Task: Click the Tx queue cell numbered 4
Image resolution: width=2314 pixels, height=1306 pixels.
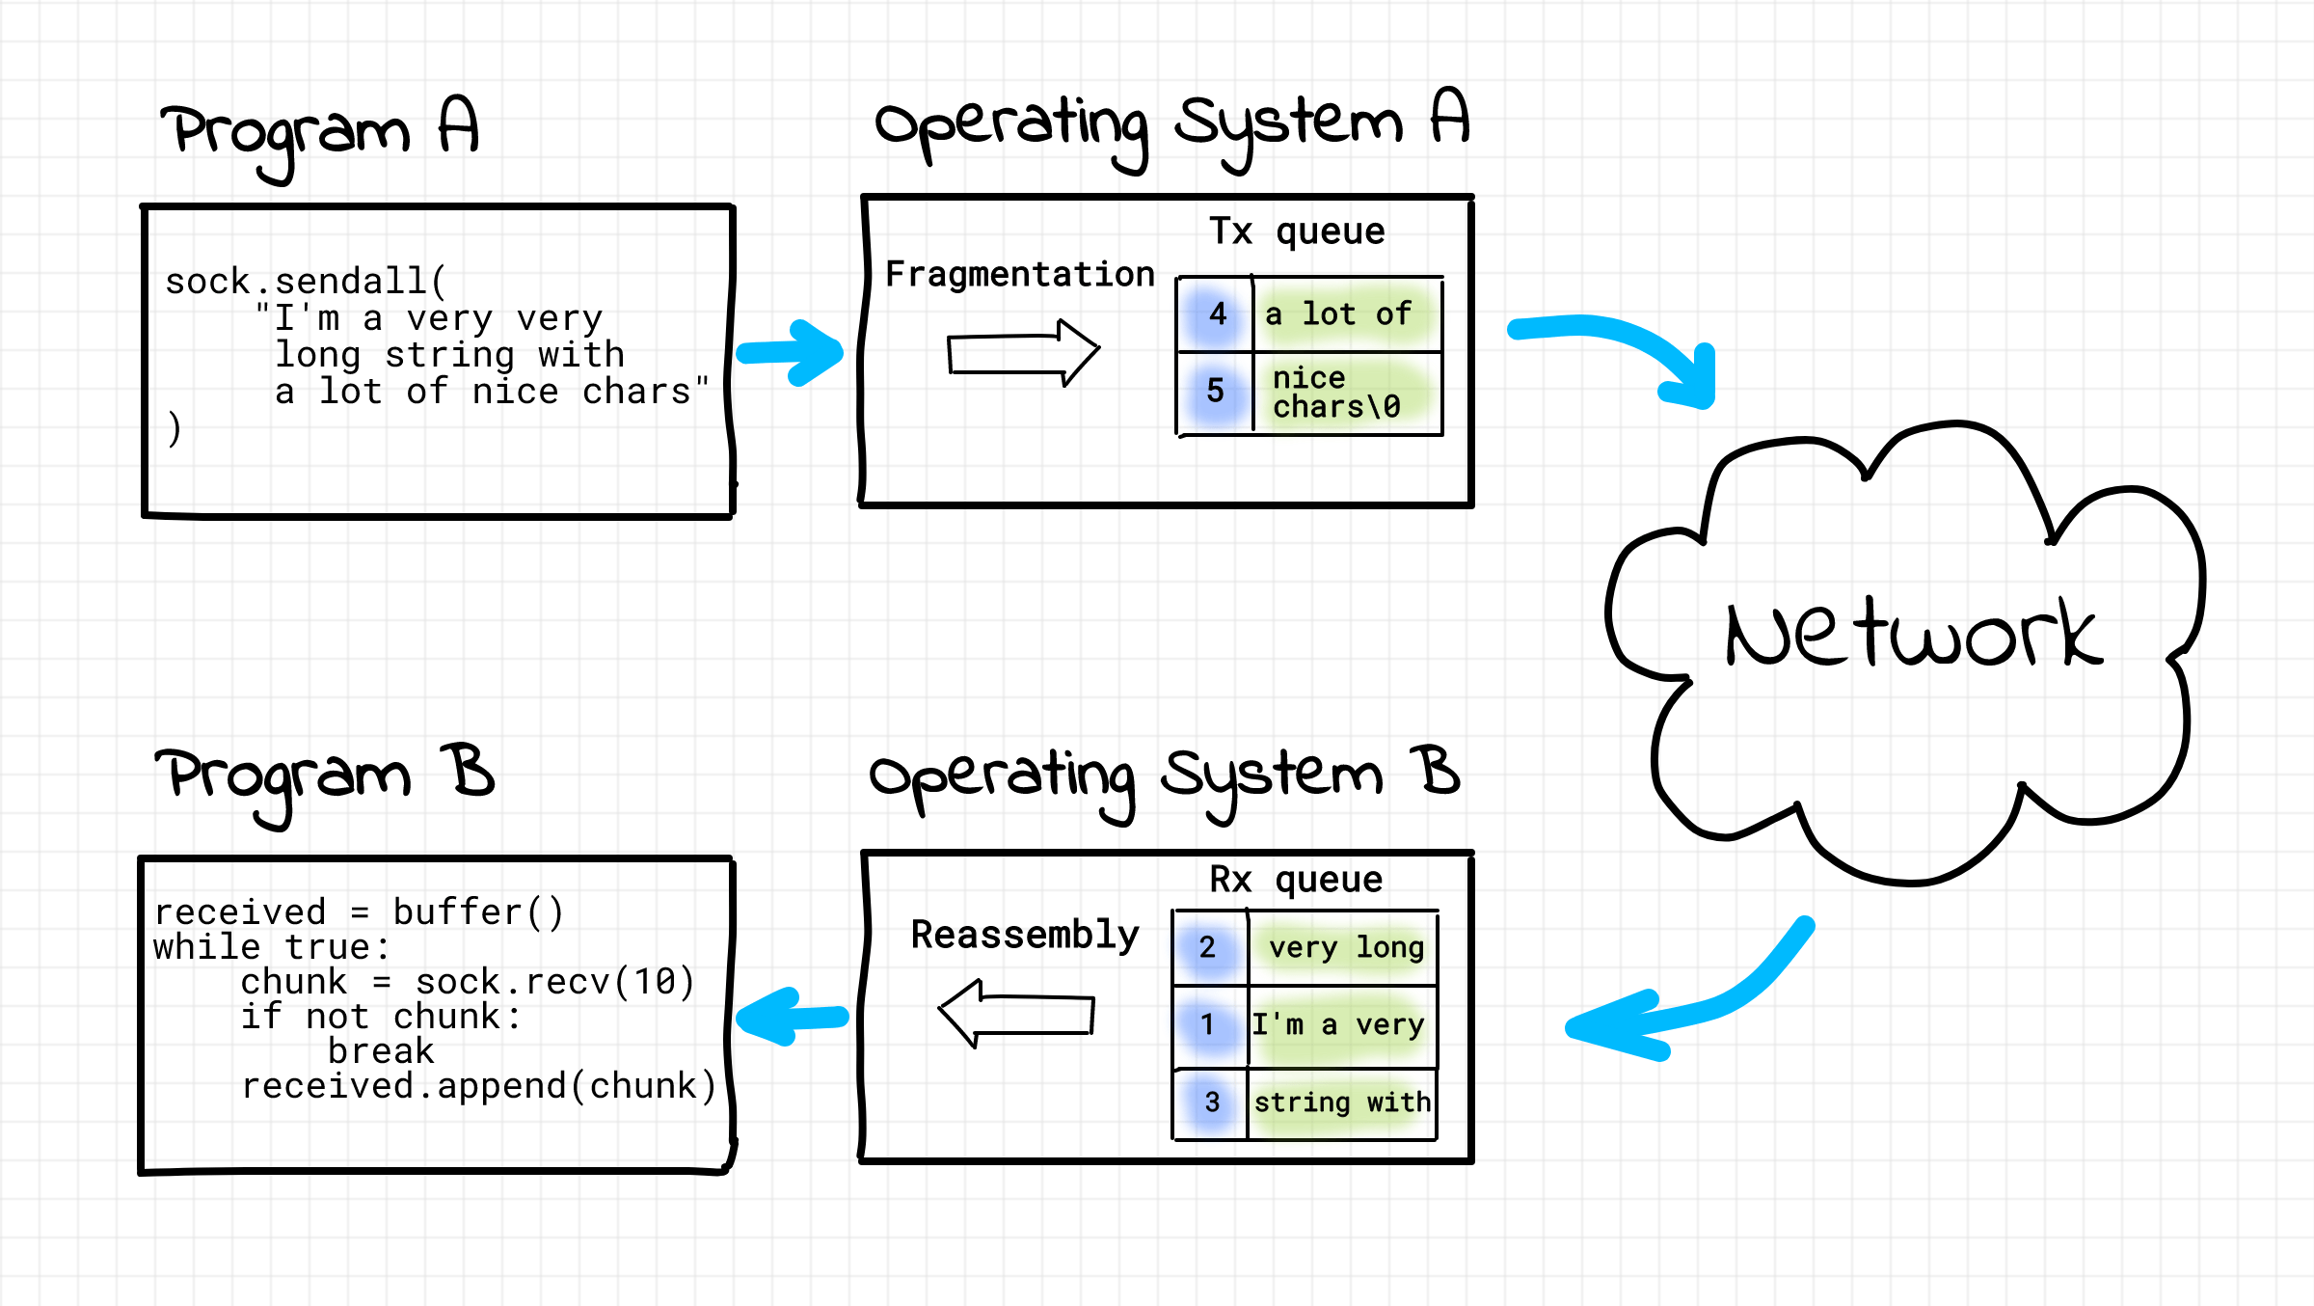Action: [1216, 313]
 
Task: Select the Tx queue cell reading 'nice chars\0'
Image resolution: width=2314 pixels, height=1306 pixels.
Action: [1346, 393]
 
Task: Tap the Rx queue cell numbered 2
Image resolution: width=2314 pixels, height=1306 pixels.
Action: [1209, 947]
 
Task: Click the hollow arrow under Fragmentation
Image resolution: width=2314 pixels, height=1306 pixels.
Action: [1022, 353]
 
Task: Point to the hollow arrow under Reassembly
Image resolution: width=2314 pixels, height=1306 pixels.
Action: [1016, 1014]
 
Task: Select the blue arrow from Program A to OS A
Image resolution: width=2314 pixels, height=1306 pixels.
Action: [791, 352]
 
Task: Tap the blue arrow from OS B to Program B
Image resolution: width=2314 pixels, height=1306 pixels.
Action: [791, 1017]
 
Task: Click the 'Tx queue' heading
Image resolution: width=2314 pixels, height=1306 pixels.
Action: [1297, 231]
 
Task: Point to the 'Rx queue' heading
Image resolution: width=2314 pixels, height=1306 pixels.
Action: [1296, 880]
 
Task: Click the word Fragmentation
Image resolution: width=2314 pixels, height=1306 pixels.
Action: [1019, 275]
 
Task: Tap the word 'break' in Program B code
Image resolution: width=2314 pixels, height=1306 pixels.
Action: [381, 1051]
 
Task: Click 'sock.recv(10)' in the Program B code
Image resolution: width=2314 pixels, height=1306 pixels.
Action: [554, 982]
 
